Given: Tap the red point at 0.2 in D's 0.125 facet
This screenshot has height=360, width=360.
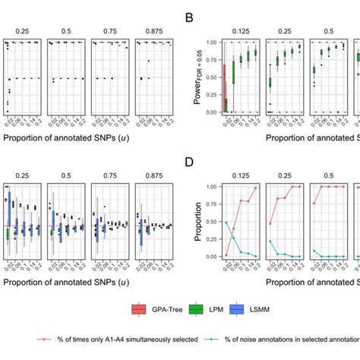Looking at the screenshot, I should [x=256, y=188].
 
